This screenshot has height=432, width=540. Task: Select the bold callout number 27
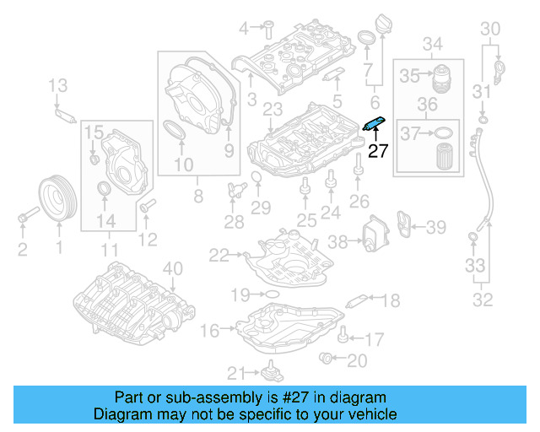(x=378, y=152)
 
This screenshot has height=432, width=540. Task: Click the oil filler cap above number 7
(x=368, y=39)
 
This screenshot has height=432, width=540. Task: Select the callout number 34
(x=432, y=43)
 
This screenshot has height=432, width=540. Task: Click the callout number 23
(x=272, y=110)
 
